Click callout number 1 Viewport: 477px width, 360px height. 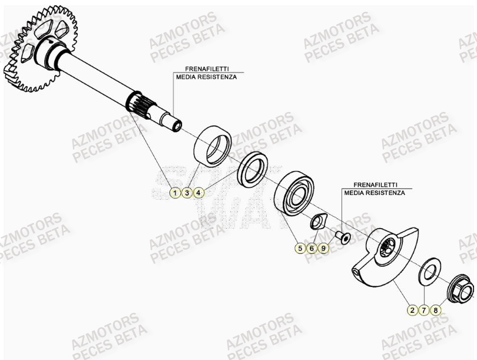174,193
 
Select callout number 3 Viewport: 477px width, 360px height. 187,193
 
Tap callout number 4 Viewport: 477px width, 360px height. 199,193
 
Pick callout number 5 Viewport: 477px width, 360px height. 300,249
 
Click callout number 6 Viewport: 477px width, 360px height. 312,249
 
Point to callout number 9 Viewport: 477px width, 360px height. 323,249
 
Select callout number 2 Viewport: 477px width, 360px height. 412,309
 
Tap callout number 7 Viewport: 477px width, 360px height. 423,309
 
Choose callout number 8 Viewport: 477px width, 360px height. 436,309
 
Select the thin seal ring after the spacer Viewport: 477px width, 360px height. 253,168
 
